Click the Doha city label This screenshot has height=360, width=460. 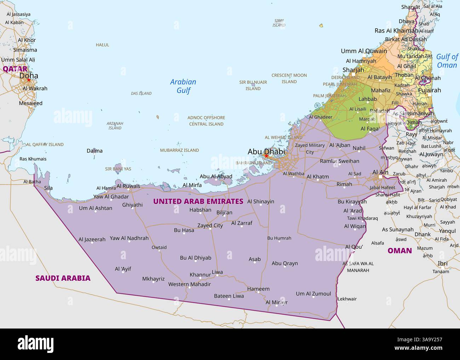29,76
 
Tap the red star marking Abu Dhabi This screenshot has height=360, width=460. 266,156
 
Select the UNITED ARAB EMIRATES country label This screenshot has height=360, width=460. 198,201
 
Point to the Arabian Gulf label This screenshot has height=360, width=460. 183,86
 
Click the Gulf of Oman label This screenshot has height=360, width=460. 447,61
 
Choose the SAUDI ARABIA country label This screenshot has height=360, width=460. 63,278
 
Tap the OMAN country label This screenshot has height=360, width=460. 399,251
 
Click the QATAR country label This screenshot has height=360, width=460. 15,69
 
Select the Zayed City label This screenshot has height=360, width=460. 210,225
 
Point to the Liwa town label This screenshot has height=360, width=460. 217,272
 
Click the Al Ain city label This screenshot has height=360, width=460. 380,172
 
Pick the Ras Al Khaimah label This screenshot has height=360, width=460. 396,31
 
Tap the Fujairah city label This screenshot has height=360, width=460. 429,90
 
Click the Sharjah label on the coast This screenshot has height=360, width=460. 353,70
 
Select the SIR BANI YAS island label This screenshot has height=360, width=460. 118,169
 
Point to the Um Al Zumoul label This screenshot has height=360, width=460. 313,294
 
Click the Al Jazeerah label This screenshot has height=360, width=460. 92,239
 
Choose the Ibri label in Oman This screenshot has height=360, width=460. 443,263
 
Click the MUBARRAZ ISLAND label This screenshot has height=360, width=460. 179,150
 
